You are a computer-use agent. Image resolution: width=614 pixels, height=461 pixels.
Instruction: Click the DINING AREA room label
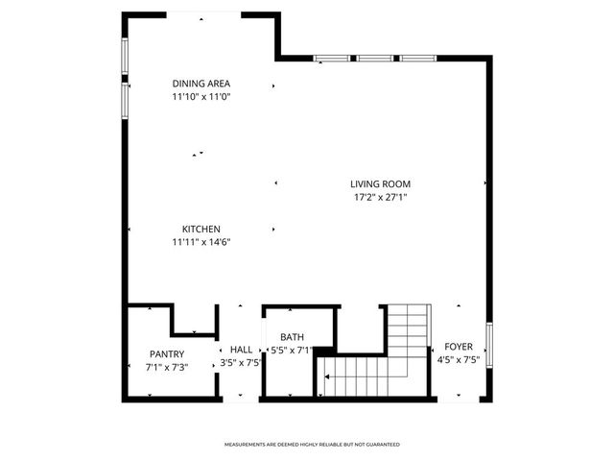point(201,84)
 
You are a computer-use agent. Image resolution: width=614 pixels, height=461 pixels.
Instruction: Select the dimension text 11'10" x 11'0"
point(201,97)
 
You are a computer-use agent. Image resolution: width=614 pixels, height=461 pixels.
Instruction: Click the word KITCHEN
point(201,229)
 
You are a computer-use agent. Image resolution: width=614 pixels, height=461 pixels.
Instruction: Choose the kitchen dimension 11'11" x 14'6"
point(201,242)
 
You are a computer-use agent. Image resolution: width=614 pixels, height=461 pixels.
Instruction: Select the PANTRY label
point(167,353)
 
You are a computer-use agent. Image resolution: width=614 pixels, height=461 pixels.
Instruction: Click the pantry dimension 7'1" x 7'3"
point(167,367)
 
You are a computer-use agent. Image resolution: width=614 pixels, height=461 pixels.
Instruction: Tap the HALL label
point(241,350)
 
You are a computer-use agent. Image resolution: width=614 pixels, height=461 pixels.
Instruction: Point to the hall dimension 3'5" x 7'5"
point(241,363)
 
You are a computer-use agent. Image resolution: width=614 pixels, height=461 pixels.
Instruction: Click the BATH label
point(292,337)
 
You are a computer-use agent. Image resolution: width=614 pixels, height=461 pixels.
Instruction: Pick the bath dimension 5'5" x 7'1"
point(292,351)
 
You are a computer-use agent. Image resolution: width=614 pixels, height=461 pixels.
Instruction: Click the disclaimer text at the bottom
point(312,445)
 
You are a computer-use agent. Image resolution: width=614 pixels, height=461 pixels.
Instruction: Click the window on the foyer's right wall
point(489,347)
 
